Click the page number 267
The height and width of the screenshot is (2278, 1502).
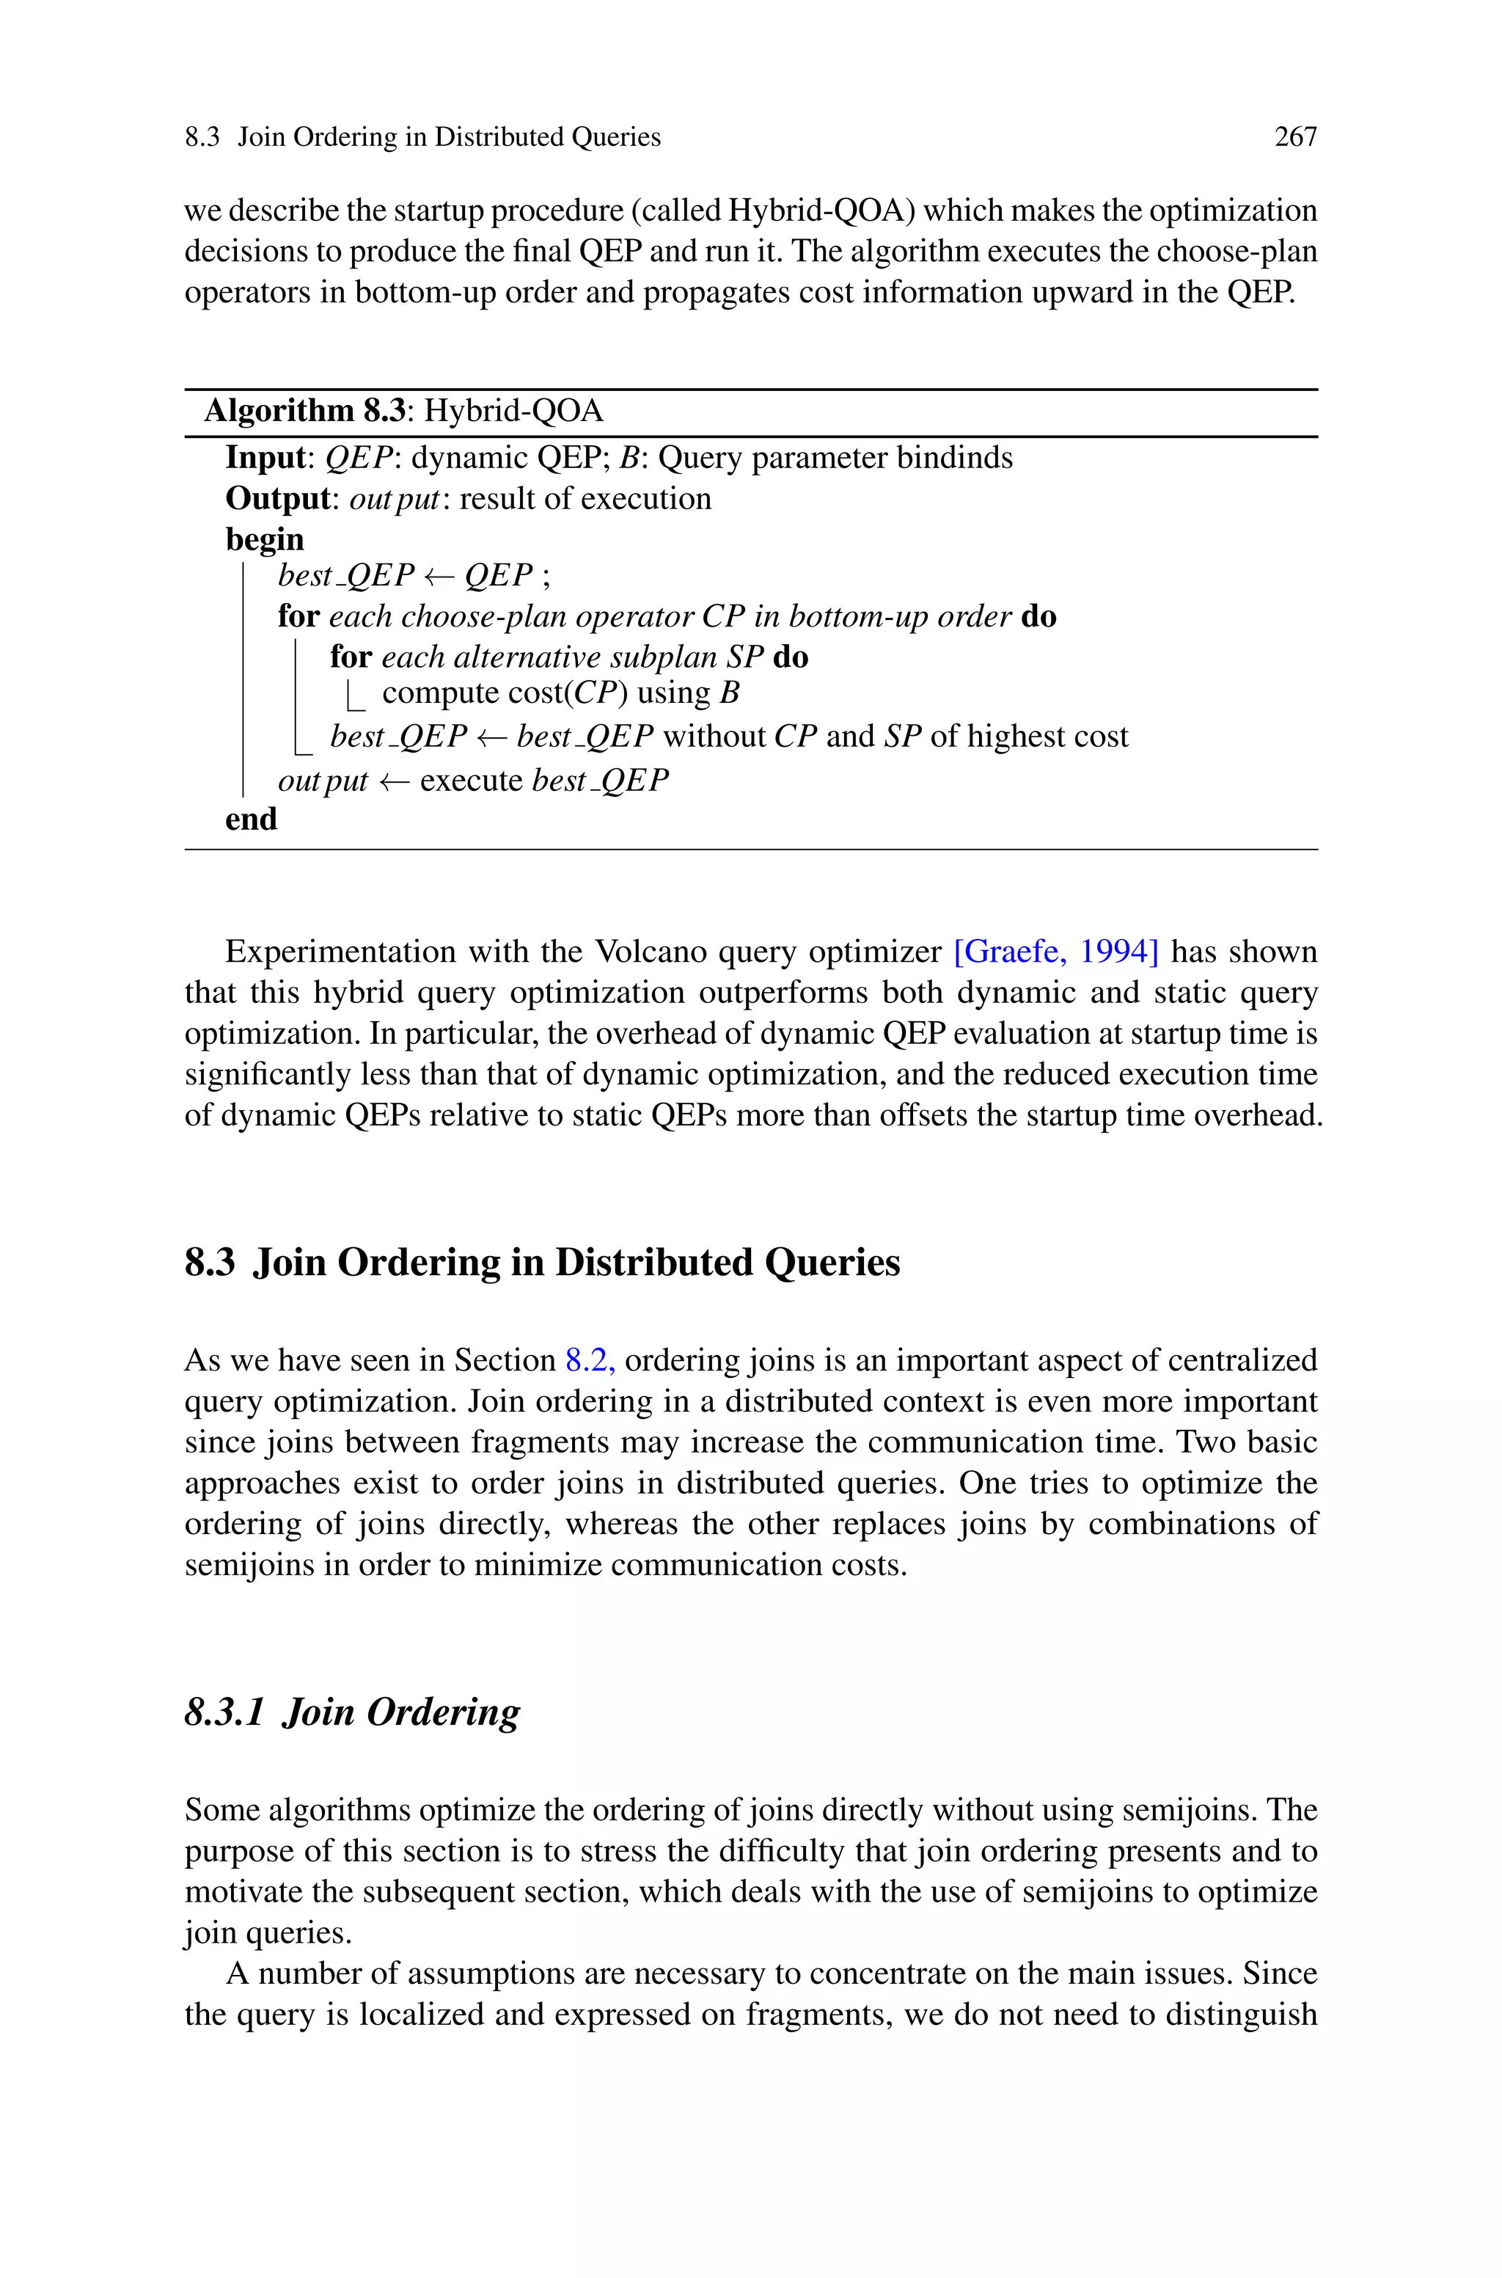pos(1295,137)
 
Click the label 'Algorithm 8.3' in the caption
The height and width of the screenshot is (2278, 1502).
pos(304,411)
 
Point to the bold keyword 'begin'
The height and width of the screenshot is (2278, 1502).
pos(264,539)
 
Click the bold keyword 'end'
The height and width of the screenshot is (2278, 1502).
pos(251,819)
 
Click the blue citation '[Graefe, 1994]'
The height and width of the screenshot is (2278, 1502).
pos(1057,952)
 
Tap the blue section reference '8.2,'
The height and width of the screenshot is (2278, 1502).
pos(590,1360)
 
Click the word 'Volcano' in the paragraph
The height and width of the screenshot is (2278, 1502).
pos(651,952)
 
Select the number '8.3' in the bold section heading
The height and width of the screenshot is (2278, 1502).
pos(210,1263)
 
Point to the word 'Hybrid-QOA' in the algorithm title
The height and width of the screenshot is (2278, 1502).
pos(513,411)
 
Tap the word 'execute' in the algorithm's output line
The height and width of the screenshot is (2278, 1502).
pos(472,781)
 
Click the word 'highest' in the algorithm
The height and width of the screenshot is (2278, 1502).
pos(1014,737)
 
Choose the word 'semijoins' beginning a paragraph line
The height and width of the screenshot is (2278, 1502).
pos(244,1566)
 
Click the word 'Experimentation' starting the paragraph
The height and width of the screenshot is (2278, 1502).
pos(340,952)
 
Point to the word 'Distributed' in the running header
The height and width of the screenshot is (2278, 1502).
pos(498,137)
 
